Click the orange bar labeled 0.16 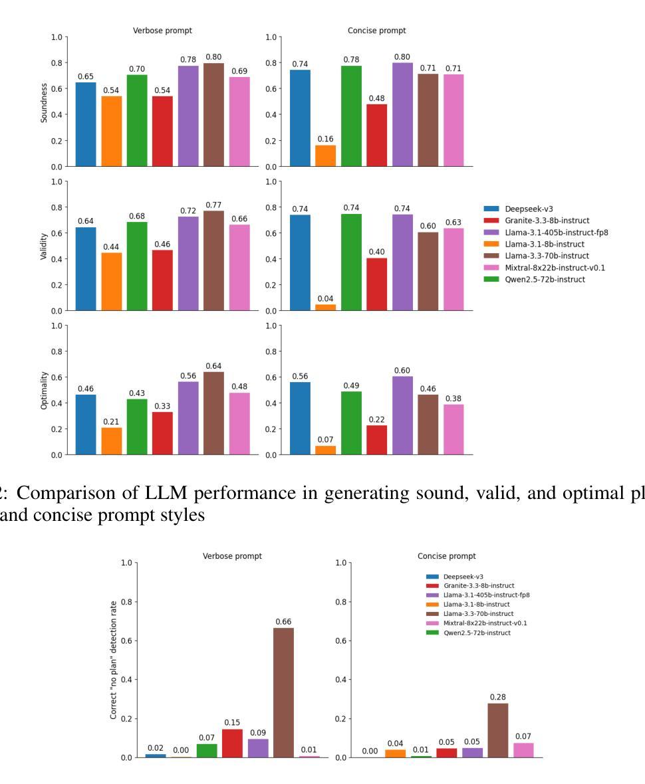[325, 155]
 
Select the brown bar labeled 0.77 [214, 260]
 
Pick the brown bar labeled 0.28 [498, 730]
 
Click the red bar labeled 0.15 [232, 743]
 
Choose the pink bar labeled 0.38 [453, 429]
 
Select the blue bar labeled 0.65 [86, 124]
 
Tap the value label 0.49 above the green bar [351, 385]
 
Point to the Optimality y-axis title [45, 390]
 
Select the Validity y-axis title [45, 245]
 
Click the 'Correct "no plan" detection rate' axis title [114, 660]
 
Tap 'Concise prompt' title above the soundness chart [376, 31]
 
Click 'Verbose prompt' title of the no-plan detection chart [232, 556]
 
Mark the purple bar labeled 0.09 [258, 747]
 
